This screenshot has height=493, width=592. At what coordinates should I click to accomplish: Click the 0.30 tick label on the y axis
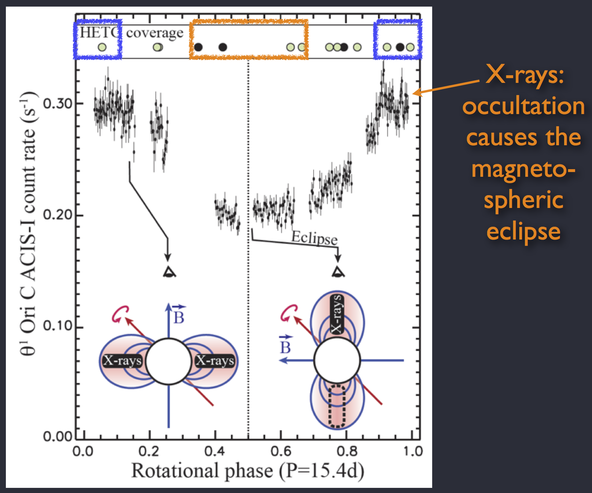pyautogui.click(x=58, y=104)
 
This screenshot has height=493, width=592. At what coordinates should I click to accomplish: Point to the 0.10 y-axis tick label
pyautogui.click(x=58, y=326)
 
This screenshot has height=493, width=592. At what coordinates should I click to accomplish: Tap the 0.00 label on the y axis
pyautogui.click(x=58, y=437)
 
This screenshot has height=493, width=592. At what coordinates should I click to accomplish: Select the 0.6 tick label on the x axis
pyautogui.click(x=281, y=451)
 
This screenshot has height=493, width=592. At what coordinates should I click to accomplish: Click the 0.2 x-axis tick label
pyautogui.click(x=149, y=451)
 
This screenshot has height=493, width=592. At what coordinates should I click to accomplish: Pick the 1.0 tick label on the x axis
pyautogui.click(x=413, y=451)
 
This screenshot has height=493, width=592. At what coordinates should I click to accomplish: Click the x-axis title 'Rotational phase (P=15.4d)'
pyautogui.click(x=248, y=471)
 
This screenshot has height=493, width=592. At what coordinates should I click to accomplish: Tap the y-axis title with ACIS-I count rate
pyautogui.click(x=28, y=224)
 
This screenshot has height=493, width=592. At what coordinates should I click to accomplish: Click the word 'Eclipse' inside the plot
pyautogui.click(x=314, y=238)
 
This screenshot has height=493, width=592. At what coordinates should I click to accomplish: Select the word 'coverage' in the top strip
pyautogui.click(x=155, y=33)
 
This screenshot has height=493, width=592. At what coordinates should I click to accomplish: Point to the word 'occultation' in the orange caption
pyautogui.click(x=523, y=106)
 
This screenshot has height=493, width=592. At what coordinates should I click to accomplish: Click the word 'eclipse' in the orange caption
pyautogui.click(x=523, y=232)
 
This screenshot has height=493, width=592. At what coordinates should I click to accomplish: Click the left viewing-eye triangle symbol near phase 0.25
pyautogui.click(x=169, y=272)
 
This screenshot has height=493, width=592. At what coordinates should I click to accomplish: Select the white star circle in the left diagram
pyautogui.click(x=169, y=361)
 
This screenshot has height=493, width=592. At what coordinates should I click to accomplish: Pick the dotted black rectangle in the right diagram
pyautogui.click(x=337, y=406)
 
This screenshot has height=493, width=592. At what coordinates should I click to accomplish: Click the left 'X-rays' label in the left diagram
pyautogui.click(x=122, y=361)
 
